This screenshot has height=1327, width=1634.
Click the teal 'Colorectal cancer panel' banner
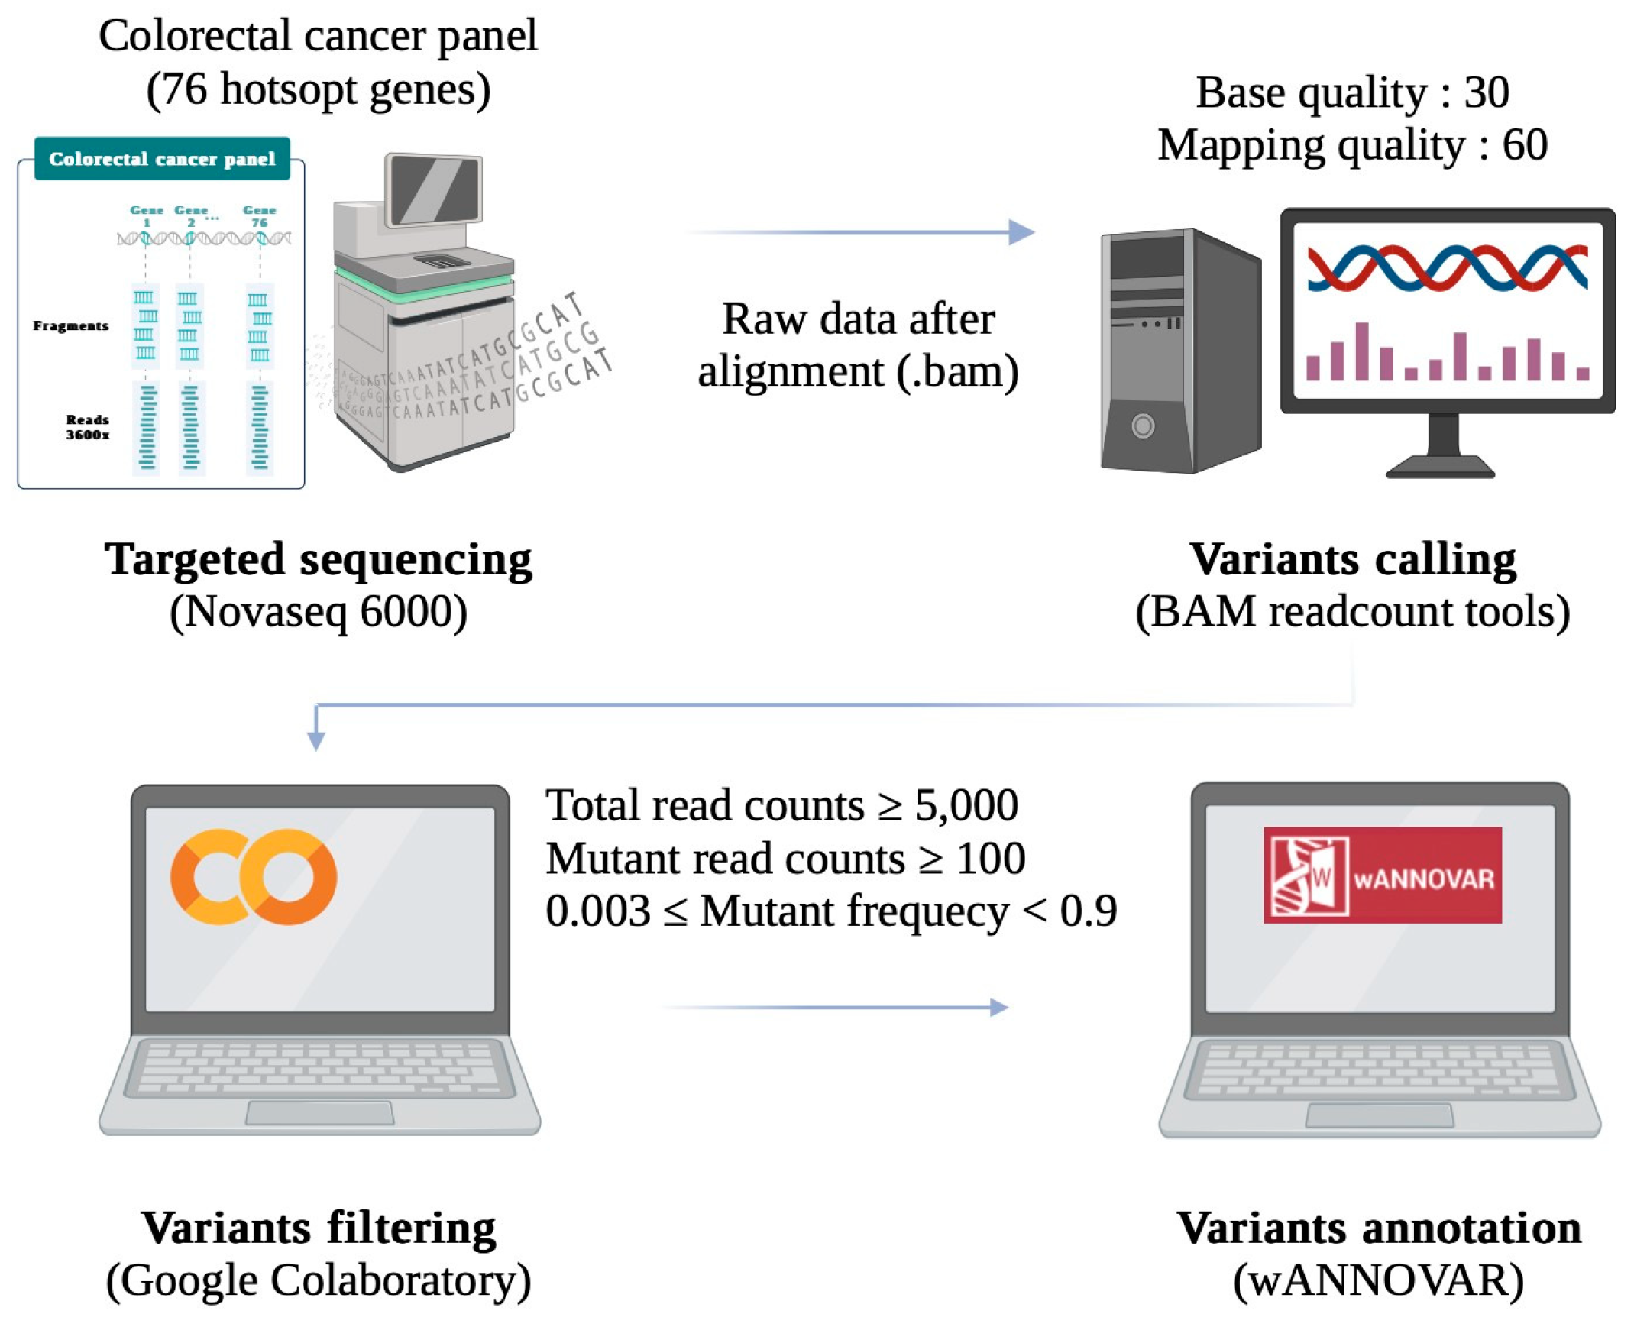[x=162, y=159]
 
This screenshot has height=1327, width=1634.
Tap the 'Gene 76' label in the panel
[x=259, y=215]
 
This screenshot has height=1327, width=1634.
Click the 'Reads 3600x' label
[x=87, y=427]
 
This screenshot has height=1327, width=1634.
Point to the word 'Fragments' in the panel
[x=70, y=325]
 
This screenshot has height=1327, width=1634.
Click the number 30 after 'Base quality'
[x=1487, y=92]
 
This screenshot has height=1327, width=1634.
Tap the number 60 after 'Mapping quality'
[x=1525, y=144]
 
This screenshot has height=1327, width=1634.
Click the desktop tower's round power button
[x=1143, y=426]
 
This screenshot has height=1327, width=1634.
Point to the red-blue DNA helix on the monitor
[x=1447, y=267]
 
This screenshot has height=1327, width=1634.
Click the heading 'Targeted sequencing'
[x=318, y=558]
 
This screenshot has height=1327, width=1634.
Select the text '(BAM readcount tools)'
[x=1353, y=611]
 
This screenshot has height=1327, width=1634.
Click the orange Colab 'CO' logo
[x=253, y=877]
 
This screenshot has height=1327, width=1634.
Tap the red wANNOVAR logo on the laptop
[x=1382, y=875]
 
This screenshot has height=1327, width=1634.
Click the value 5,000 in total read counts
[x=966, y=805]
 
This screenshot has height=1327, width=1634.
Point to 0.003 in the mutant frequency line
[x=598, y=911]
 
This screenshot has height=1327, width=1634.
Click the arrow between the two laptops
[x=837, y=1008]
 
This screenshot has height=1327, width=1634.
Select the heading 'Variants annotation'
[x=1379, y=1228]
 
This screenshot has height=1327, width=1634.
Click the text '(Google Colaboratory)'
[x=318, y=1280]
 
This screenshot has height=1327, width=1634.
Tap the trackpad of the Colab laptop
[x=319, y=1112]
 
